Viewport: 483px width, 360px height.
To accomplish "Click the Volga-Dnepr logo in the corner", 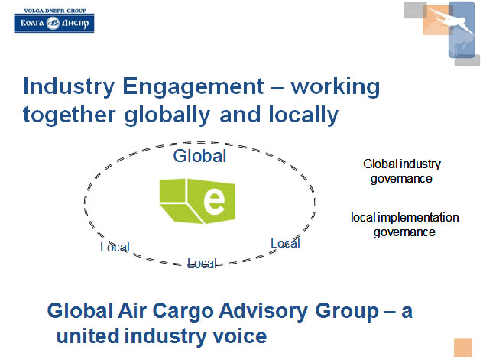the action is tap(54, 21).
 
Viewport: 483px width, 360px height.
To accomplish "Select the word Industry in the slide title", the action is tap(69, 87).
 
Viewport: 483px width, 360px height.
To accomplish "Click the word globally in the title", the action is tap(167, 115).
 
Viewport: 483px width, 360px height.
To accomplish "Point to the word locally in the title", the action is tap(303, 115).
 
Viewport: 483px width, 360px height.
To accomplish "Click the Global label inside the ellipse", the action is tap(199, 156).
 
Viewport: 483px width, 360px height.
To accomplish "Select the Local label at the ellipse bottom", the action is tap(203, 263).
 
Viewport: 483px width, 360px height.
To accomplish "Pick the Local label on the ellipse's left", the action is tap(115, 247).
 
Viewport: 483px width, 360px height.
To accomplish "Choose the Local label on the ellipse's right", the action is tap(285, 243).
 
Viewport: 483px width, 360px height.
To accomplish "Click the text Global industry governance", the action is tap(402, 171).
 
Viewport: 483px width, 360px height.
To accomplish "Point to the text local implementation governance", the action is tap(405, 225).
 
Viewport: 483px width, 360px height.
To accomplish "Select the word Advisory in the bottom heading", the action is tap(264, 311).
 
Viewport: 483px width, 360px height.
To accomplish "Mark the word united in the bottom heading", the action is tap(88, 336).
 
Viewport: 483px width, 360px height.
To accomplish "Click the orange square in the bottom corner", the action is tap(462, 347).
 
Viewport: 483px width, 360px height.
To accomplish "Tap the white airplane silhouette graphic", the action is tap(450, 20).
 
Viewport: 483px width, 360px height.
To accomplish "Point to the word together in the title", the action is tap(70, 115).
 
